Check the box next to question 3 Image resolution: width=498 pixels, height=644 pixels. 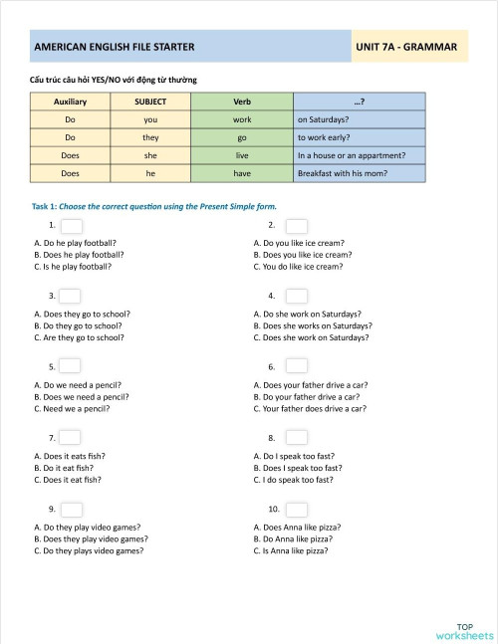70,296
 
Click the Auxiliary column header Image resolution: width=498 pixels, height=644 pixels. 71,102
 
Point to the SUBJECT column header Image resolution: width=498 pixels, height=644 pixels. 150,102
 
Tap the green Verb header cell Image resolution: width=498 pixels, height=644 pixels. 242,102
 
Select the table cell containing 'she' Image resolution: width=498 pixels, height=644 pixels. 150,155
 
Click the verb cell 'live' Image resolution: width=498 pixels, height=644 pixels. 242,155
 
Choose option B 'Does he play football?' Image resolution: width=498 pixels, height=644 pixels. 79,255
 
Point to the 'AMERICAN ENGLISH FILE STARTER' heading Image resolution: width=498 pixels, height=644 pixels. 115,47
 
